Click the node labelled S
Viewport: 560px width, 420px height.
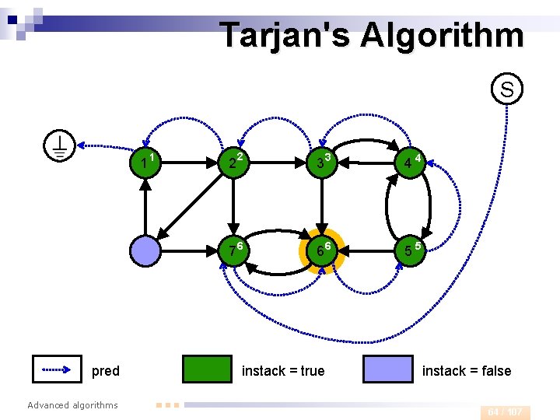tap(507, 89)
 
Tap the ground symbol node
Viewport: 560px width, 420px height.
tap(60, 145)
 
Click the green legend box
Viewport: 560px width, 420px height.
tap(207, 369)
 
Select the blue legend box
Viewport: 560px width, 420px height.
tap(388, 369)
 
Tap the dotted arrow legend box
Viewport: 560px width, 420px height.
tap(57, 369)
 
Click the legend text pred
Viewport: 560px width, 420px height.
tap(106, 371)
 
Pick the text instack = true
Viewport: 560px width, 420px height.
tap(283, 371)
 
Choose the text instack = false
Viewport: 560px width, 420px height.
tap(467, 371)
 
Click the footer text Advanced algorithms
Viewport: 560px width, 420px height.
tap(72, 404)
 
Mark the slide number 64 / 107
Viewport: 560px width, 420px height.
tap(506, 412)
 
